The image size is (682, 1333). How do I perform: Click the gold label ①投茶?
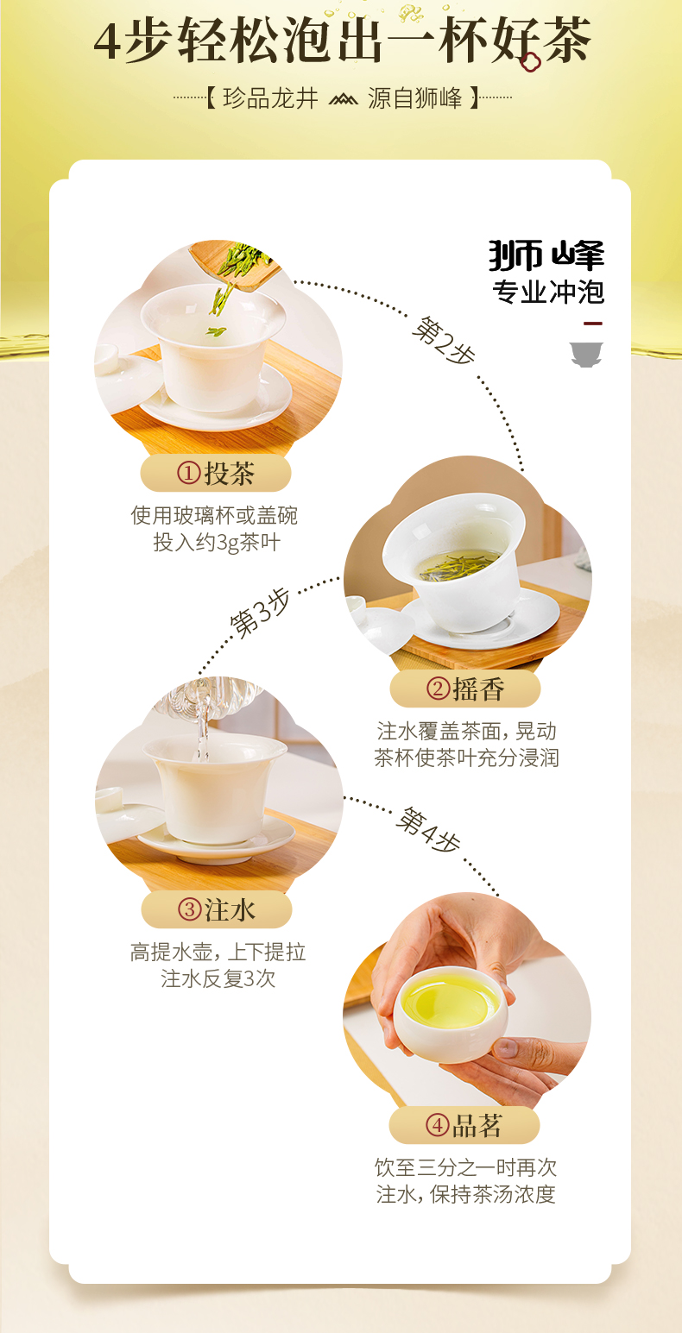pyautogui.click(x=216, y=473)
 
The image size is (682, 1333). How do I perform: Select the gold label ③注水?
pyautogui.click(x=216, y=909)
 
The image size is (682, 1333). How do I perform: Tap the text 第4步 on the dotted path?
pyautogui.click(x=428, y=830)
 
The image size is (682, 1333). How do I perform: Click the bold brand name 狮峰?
pyautogui.click(x=546, y=255)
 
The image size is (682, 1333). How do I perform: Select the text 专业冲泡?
pyautogui.click(x=548, y=292)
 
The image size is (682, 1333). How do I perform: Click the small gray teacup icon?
pyautogui.click(x=586, y=354)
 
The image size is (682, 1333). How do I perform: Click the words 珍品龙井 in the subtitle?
pyautogui.click(x=270, y=98)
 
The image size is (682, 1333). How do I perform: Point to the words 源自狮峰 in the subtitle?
pyautogui.click(x=415, y=98)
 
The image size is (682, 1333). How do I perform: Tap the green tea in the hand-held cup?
pyautogui.click(x=449, y=1001)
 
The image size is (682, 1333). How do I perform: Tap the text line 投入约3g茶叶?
pyautogui.click(x=216, y=543)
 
